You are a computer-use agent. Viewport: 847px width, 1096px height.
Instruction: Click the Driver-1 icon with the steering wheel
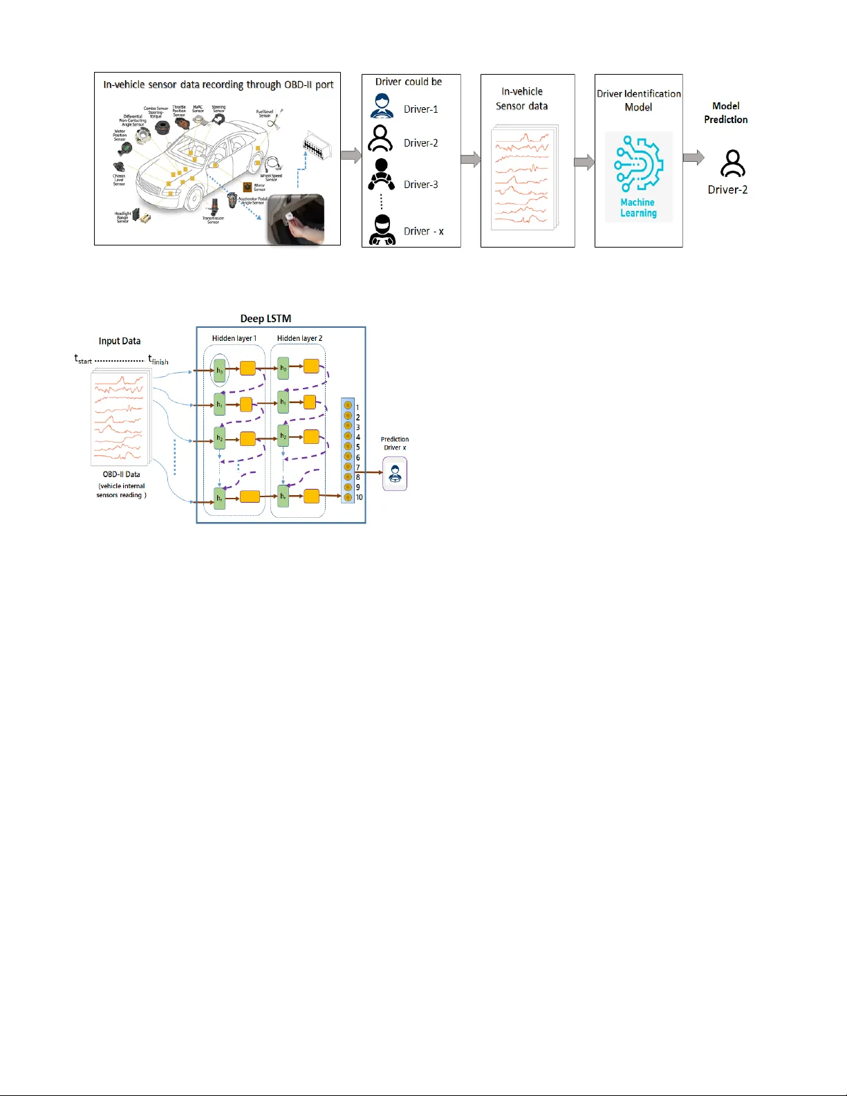(382, 106)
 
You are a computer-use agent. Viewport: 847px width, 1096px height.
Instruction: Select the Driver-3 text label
(420, 185)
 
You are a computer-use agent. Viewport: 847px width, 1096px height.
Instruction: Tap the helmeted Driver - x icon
(382, 230)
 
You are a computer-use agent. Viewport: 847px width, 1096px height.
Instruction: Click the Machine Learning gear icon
(638, 165)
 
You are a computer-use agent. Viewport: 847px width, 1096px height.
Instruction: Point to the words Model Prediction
(725, 113)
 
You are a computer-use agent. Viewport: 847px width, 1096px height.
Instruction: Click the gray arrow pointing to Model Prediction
(693, 158)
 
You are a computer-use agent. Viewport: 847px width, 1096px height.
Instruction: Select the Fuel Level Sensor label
(264, 113)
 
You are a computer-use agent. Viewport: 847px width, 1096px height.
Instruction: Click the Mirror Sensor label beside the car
(259, 187)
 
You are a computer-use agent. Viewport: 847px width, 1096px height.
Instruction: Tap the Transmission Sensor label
(213, 220)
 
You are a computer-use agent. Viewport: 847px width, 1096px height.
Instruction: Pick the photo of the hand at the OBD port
(296, 219)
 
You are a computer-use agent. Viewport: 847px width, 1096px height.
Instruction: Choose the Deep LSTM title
(266, 319)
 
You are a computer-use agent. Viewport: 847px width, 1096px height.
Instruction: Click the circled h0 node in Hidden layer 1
(219, 371)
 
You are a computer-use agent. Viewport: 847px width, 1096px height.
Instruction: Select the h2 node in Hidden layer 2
(283, 436)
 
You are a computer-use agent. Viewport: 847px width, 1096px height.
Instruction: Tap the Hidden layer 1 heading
(234, 339)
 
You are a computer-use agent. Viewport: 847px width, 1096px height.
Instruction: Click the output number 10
(359, 497)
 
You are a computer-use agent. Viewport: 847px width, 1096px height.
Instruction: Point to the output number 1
(357, 407)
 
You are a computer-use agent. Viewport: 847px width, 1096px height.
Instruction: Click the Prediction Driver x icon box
(395, 474)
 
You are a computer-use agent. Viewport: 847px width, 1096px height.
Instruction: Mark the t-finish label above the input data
(158, 360)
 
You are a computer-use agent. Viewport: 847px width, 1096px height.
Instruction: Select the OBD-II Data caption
(121, 474)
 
